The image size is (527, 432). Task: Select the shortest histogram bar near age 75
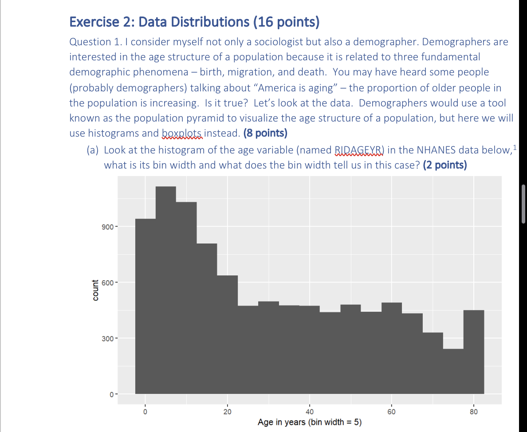click(x=453, y=371)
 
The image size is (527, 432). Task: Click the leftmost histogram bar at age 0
click(x=145, y=306)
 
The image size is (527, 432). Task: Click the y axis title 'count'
click(x=95, y=290)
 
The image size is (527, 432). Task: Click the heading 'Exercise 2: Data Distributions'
click(x=194, y=22)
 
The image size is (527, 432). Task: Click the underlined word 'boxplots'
click(x=182, y=133)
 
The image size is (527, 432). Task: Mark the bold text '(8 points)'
click(x=265, y=133)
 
